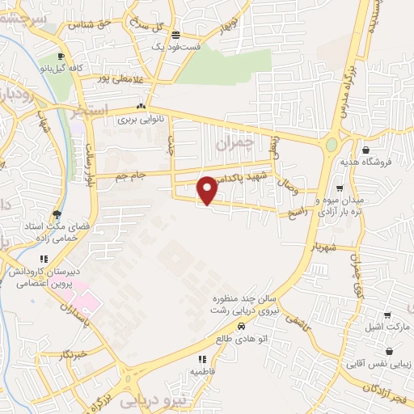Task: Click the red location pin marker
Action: pyautogui.click(x=208, y=189)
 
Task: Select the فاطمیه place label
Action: pyautogui.click(x=201, y=371)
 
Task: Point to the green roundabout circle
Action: pyautogui.click(x=332, y=146)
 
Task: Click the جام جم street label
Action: pyautogui.click(x=129, y=175)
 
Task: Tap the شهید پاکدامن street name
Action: pyautogui.click(x=237, y=180)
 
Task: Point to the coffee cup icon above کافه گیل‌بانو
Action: pyautogui.click(x=63, y=57)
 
